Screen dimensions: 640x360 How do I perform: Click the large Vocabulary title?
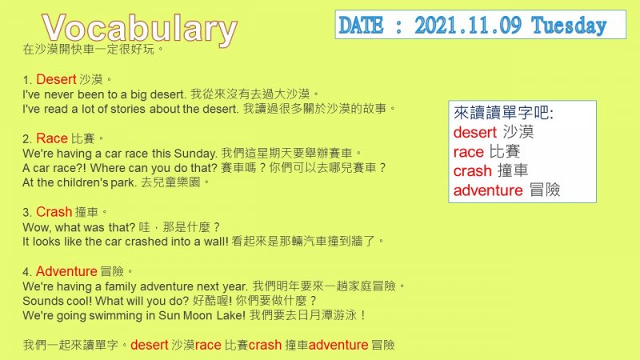(x=139, y=30)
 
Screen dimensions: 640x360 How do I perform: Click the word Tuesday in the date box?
(x=569, y=26)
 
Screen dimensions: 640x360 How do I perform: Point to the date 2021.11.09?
(x=468, y=26)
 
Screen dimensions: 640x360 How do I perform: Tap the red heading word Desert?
(x=56, y=79)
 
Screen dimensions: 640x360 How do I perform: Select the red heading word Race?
(x=52, y=138)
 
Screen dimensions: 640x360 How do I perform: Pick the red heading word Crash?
(x=54, y=212)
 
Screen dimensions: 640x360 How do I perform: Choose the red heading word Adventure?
(x=66, y=271)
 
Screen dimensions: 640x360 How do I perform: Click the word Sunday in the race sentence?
(x=195, y=154)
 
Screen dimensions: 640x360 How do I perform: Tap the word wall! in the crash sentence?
(x=216, y=242)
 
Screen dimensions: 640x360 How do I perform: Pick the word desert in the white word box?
(x=475, y=132)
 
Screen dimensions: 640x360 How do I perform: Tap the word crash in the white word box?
(x=473, y=170)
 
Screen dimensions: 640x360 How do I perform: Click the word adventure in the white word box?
(x=488, y=190)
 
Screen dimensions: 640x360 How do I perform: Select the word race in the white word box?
(x=469, y=152)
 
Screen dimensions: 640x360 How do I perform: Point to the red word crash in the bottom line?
(x=266, y=345)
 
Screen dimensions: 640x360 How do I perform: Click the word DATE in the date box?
(x=361, y=26)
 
